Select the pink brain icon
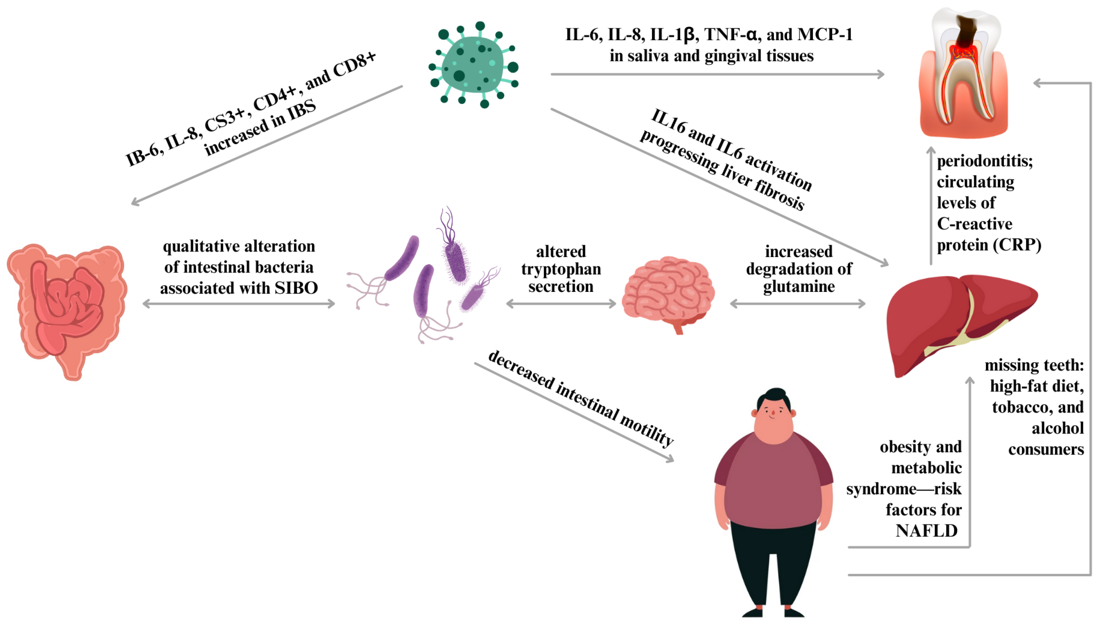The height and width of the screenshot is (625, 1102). coord(668,292)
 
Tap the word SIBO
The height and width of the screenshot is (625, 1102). coord(296,288)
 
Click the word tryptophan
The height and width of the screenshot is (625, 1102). coord(561,269)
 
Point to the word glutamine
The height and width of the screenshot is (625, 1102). coord(798,286)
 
